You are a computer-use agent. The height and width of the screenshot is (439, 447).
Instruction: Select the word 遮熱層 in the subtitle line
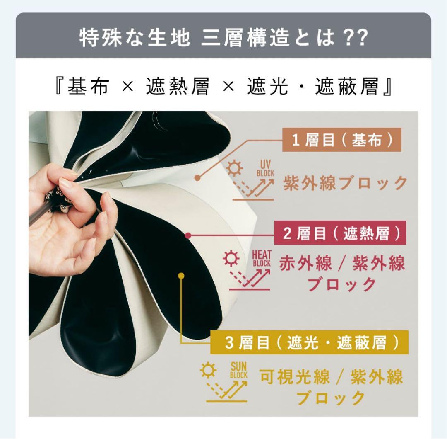178,87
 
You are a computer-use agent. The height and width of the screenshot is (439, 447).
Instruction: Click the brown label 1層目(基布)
342,141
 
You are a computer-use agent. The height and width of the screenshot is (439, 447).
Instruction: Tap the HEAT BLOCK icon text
261,259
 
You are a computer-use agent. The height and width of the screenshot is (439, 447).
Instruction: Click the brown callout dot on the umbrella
197,178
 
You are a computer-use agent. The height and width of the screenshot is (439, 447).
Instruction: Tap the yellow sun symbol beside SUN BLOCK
207,369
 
